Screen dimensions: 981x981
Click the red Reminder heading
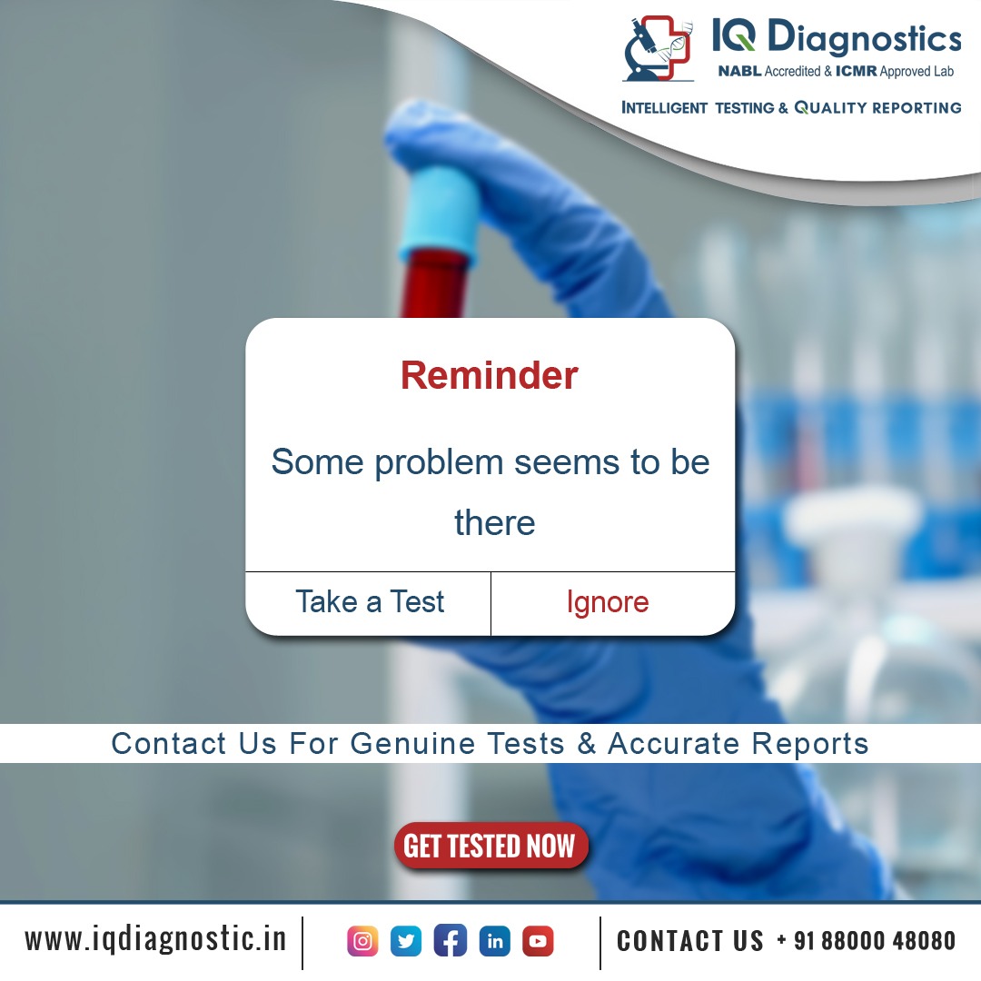point(489,375)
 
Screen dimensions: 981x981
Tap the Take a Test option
point(370,602)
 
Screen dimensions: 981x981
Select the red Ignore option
point(607,602)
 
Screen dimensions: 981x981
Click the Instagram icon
point(362,941)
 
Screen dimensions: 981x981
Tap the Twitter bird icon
point(406,941)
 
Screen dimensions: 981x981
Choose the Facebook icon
point(451,941)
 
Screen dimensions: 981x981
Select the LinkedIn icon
point(494,941)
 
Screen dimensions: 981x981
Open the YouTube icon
point(538,941)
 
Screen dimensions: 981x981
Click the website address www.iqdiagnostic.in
point(155,939)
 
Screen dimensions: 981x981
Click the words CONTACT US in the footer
point(690,941)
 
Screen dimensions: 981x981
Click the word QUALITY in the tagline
point(830,108)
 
